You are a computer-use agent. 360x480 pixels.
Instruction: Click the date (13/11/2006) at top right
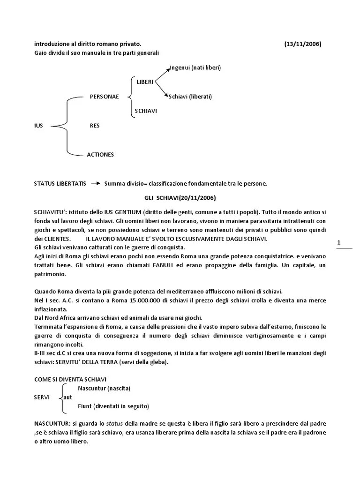click(302, 44)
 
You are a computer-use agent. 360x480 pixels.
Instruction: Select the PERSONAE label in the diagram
click(104, 97)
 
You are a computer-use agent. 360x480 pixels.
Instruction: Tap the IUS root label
click(38, 126)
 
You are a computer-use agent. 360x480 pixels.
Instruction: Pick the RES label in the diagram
click(94, 126)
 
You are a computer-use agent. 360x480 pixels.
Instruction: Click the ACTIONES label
click(100, 154)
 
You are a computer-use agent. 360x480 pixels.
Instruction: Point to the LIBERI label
click(145, 82)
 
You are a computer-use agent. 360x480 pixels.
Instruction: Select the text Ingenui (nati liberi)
click(195, 67)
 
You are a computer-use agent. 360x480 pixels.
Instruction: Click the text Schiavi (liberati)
click(190, 97)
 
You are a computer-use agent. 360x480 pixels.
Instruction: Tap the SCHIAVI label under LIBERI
click(146, 111)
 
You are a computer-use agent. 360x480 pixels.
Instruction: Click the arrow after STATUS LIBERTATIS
click(95, 183)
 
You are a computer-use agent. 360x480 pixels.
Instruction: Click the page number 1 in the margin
click(338, 242)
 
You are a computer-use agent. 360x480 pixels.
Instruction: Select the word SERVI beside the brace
click(42, 397)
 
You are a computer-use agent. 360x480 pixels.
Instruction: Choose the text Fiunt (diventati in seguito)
click(114, 405)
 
